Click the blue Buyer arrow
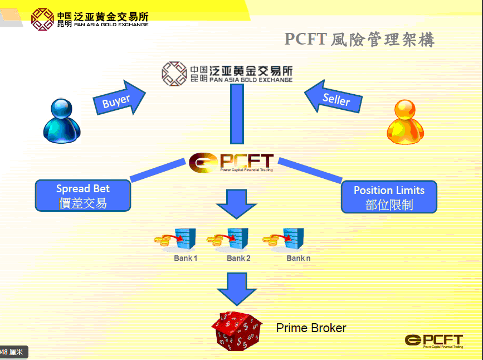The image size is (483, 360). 118,99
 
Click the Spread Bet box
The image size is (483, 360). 83,196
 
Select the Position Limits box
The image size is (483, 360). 389,197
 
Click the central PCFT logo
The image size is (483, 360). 231,162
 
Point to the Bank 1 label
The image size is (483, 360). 186,258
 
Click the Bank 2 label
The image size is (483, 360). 238,258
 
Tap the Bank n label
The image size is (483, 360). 299,258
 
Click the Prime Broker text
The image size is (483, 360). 311,328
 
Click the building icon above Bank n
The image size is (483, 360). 293,238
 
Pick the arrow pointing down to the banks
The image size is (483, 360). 236,203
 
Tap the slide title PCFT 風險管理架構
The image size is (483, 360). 359,40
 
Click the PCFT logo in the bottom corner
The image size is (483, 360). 434,340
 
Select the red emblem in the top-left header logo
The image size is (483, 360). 42,18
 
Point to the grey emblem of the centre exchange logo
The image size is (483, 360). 174,73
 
